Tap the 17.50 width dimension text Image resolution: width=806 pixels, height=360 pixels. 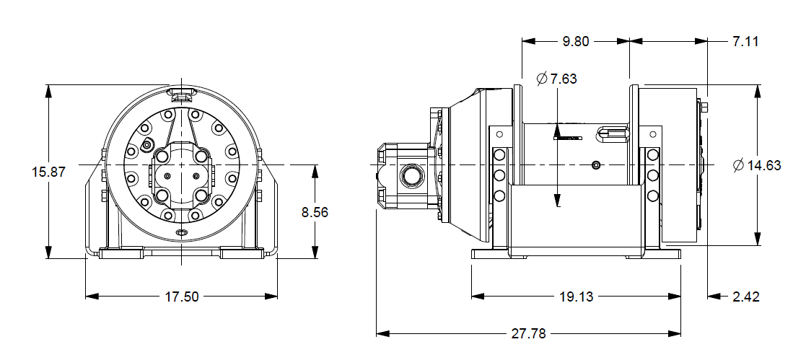(x=181, y=297)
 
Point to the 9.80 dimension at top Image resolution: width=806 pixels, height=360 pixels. (x=576, y=41)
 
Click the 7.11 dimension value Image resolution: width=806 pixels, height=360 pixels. (x=745, y=41)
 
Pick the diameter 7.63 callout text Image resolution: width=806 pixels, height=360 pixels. (x=556, y=79)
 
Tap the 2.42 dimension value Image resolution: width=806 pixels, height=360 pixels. (x=745, y=297)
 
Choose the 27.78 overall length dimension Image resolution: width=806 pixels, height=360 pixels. (x=528, y=334)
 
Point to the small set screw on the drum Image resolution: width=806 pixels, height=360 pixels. (x=595, y=166)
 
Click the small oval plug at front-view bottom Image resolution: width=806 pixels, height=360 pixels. (x=182, y=232)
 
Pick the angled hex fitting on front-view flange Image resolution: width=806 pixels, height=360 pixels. (x=147, y=145)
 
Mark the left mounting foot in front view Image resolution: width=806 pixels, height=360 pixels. (x=121, y=253)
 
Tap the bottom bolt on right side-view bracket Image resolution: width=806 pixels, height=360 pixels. (x=652, y=196)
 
